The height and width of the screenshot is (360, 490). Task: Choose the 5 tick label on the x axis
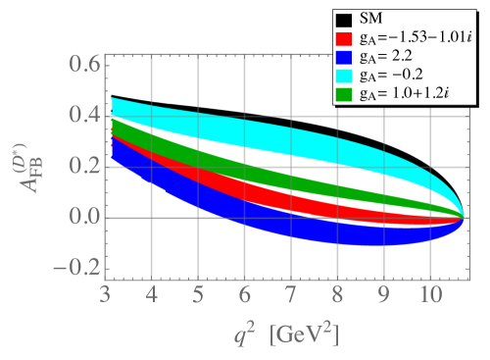[x=198, y=294]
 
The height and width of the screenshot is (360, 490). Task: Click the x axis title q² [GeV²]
[x=279, y=334]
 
